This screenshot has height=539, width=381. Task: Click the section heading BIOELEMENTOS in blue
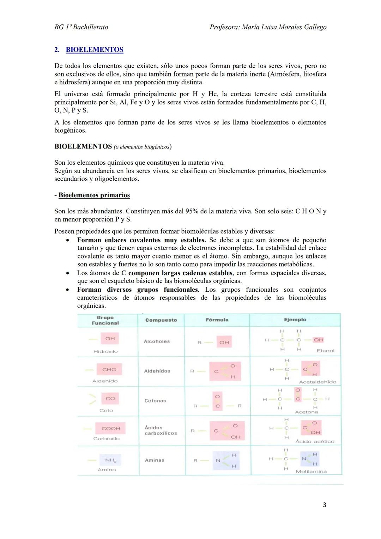95,50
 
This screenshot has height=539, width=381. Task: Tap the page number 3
324,505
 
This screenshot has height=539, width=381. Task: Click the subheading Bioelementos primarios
94,195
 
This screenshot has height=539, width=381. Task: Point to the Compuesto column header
161,320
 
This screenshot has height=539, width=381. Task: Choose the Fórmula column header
217,320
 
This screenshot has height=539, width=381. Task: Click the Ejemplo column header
295,320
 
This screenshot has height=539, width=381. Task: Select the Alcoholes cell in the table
157,341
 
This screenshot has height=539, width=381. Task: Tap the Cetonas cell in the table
155,401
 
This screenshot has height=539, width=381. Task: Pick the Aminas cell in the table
155,460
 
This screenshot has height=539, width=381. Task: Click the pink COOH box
111,428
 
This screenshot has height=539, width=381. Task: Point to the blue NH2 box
110,460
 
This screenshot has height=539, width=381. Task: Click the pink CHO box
109,369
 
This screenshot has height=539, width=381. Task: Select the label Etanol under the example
325,351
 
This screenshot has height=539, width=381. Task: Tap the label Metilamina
311,471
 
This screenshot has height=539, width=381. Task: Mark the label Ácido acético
315,441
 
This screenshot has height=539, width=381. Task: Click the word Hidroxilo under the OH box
105,351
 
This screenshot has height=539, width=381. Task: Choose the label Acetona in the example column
306,412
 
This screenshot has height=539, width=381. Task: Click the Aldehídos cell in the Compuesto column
157,371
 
